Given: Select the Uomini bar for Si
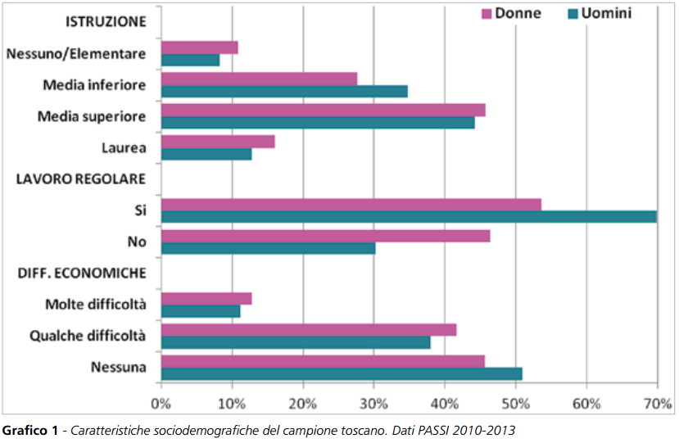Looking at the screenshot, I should (x=409, y=217).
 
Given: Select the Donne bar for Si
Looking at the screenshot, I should (x=351, y=204).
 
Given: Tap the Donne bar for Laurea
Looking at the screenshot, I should (x=218, y=142).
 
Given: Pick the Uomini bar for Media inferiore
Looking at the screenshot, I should (x=284, y=91).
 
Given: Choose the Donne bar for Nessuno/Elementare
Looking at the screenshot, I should (x=200, y=47).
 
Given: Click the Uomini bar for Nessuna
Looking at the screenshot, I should (x=342, y=374).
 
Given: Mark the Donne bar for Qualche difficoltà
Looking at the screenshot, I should (x=309, y=330).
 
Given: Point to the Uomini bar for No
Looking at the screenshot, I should (x=268, y=248).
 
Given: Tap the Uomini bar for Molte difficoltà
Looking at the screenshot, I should (x=201, y=311).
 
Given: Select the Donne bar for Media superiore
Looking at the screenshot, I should (x=324, y=110).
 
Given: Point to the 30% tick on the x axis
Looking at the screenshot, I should (x=373, y=403).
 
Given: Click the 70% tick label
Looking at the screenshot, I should (x=657, y=403).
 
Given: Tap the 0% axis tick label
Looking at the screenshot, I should (x=161, y=403).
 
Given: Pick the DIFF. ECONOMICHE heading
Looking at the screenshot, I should (x=82, y=273).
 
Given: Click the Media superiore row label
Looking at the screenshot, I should (x=92, y=116).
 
